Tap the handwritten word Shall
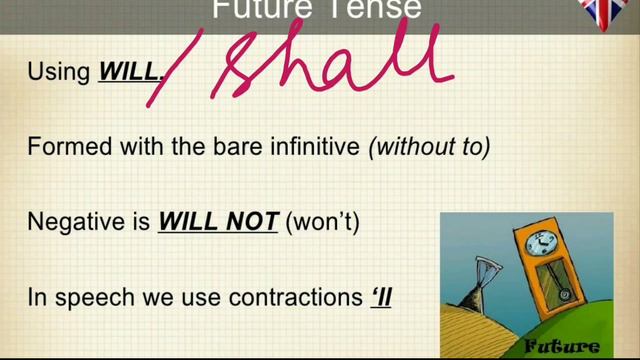pos(330,60)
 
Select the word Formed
pos(63,146)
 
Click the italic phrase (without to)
pos(429,146)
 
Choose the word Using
pos(59,72)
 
